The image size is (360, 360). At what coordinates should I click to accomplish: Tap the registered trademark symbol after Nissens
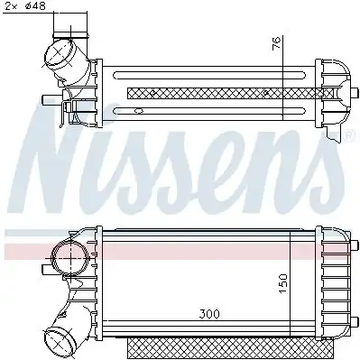(x=349, y=136)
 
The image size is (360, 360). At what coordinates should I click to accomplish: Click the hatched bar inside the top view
(x=208, y=92)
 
